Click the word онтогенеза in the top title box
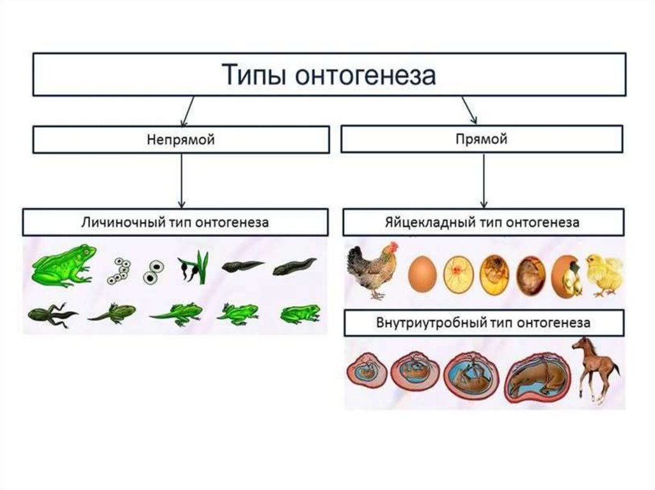click(x=367, y=75)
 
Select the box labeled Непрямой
click(x=180, y=139)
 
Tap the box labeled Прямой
click(x=481, y=139)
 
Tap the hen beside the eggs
click(x=372, y=268)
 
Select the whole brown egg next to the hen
click(x=422, y=274)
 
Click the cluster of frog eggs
click(x=119, y=271)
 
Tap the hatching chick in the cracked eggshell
click(x=567, y=275)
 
